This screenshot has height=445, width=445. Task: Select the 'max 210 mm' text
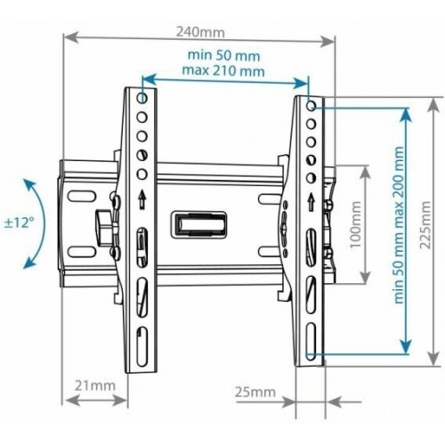224,69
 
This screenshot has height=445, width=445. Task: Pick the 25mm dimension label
255,391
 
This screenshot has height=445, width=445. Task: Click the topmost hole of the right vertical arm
310,104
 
